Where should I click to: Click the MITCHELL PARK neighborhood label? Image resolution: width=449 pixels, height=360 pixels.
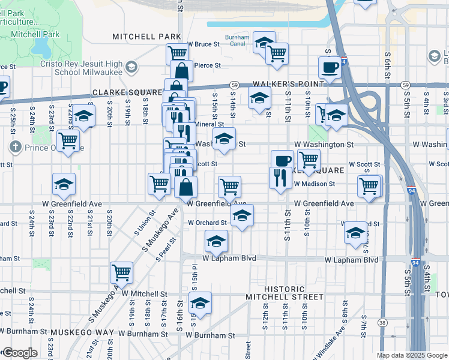pos(146,37)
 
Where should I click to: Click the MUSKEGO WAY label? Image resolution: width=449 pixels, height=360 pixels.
pos(82,332)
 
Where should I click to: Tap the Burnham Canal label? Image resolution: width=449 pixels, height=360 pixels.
pos(237,40)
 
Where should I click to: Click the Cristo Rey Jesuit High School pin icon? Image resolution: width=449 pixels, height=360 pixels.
pos(130,68)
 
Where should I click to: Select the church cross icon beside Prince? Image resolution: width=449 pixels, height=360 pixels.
pos(15,147)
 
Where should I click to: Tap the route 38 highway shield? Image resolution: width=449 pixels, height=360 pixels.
pos(382,340)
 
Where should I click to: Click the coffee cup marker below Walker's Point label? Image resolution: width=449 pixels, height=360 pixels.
pos(282,160)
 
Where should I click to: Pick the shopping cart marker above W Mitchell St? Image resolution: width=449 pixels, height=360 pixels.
pos(122,272)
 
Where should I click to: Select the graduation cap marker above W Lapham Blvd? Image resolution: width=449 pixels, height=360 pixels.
pos(216,241)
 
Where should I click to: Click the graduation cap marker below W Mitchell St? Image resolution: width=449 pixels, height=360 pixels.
pos(200,302)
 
